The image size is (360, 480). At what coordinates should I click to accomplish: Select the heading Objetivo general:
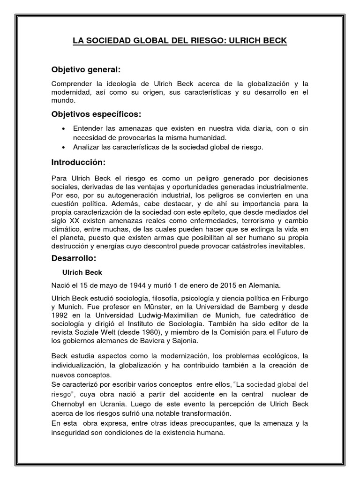tap(86, 69)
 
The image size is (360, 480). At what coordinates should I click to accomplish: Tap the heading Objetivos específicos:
tap(96, 114)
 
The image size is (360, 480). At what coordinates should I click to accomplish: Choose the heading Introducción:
tap(79, 162)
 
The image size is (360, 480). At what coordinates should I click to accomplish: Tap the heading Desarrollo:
tap(74, 258)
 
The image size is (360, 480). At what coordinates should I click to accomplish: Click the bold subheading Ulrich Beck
tap(82, 272)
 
